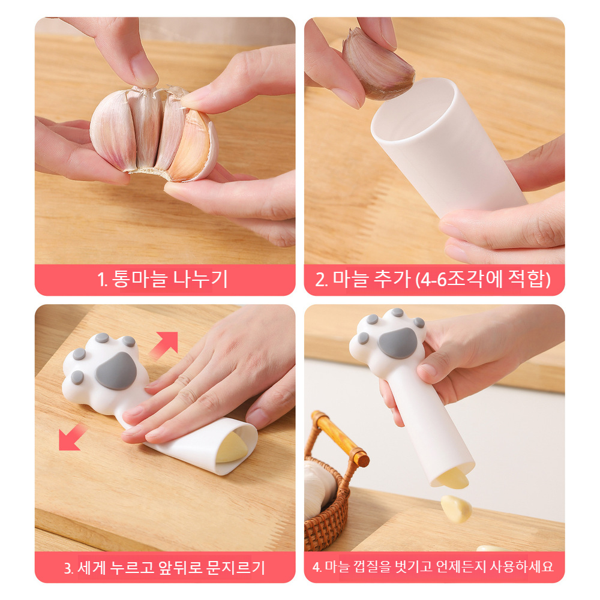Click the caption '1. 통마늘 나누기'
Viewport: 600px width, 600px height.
tap(163, 280)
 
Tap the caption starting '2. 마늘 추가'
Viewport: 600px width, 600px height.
tap(433, 280)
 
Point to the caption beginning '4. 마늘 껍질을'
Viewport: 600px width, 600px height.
tap(433, 566)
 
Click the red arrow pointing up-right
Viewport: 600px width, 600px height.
tap(164, 345)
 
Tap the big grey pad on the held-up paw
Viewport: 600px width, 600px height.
tap(397, 342)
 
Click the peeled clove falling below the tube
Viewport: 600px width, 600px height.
tap(456, 509)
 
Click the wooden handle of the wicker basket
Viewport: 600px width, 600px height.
tap(340, 439)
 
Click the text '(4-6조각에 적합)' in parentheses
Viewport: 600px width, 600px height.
tap(483, 280)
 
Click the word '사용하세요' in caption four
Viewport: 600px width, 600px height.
tap(522, 566)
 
